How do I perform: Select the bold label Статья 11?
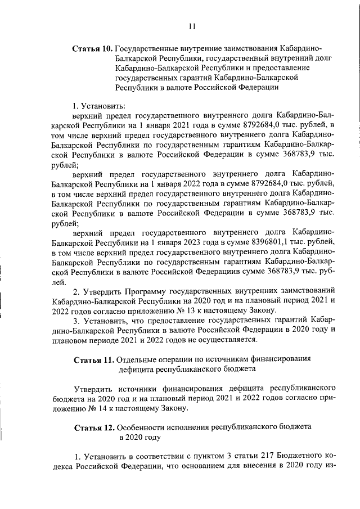[x=94, y=359]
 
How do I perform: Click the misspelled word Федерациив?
[x=220, y=272]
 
